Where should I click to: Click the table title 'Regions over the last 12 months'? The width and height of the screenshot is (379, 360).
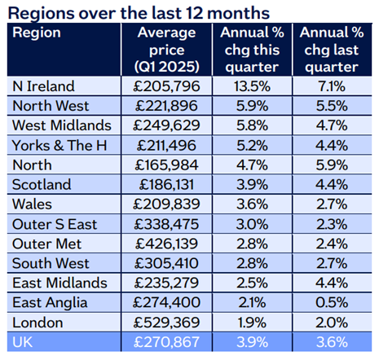pyautogui.click(x=139, y=13)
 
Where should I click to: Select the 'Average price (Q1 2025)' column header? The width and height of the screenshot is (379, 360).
pyautogui.click(x=166, y=50)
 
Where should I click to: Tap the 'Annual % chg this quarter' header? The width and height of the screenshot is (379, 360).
pyautogui.click(x=252, y=50)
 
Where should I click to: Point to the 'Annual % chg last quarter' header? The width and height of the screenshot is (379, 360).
pyautogui.click(x=332, y=50)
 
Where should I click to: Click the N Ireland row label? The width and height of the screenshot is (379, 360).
pyautogui.click(x=43, y=86)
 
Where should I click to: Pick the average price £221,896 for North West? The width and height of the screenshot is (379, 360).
pyautogui.click(x=166, y=106)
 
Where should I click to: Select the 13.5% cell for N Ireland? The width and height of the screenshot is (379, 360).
pyautogui.click(x=252, y=86)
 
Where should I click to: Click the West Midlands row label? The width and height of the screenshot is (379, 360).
pyautogui.click(x=62, y=125)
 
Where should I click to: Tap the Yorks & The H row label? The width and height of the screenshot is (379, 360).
pyautogui.click(x=59, y=145)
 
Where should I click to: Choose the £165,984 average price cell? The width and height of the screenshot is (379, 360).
pyautogui.click(x=166, y=165)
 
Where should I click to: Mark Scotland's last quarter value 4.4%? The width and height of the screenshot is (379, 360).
pyautogui.click(x=332, y=185)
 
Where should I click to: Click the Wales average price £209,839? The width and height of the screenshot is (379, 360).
pyautogui.click(x=166, y=204)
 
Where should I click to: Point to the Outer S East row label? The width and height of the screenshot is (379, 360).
pyautogui.click(x=55, y=224)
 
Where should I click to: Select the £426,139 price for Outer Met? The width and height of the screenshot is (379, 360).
pyautogui.click(x=166, y=244)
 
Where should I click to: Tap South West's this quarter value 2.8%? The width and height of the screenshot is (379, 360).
pyautogui.click(x=252, y=263)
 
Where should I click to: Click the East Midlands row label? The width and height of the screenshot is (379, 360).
pyautogui.click(x=59, y=283)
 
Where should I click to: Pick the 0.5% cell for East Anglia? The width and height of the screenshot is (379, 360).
pyautogui.click(x=332, y=302)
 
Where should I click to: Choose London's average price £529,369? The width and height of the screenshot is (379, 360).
pyautogui.click(x=166, y=323)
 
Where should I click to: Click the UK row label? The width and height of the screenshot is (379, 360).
pyautogui.click(x=22, y=342)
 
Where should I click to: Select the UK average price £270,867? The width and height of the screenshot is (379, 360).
pyautogui.click(x=166, y=342)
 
